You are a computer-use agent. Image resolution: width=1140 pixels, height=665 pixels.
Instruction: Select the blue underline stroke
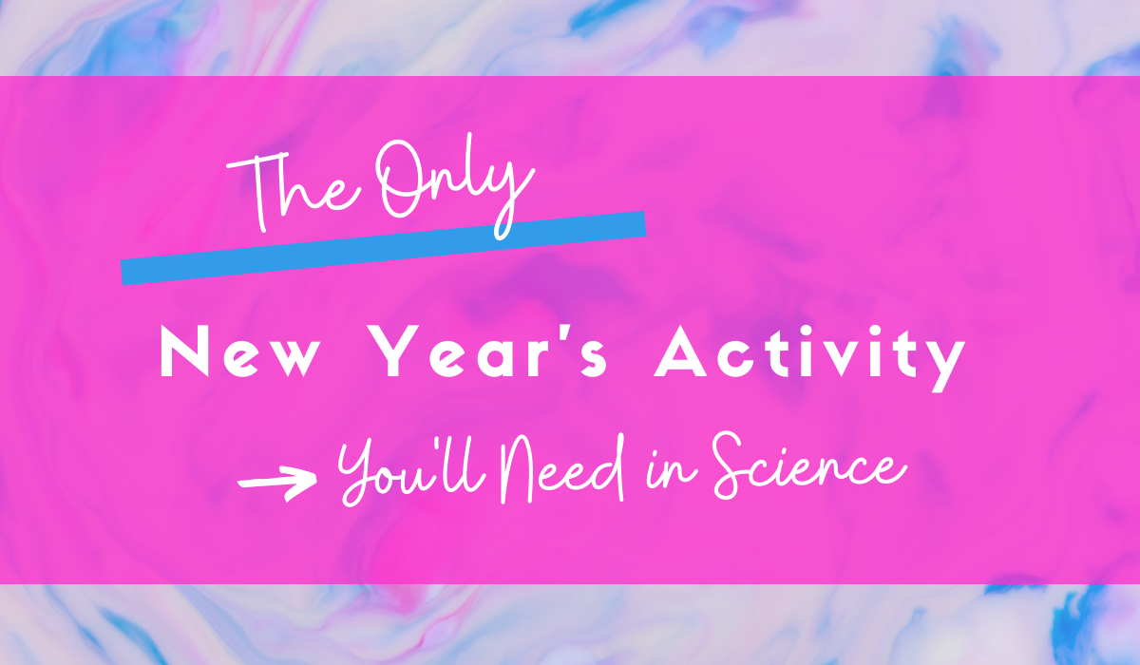(x=384, y=247)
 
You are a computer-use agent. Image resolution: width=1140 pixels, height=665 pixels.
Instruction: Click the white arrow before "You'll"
(x=276, y=482)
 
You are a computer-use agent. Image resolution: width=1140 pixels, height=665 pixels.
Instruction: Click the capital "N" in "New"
(x=183, y=354)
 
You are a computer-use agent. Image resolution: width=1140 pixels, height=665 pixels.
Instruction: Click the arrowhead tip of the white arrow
(x=315, y=482)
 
